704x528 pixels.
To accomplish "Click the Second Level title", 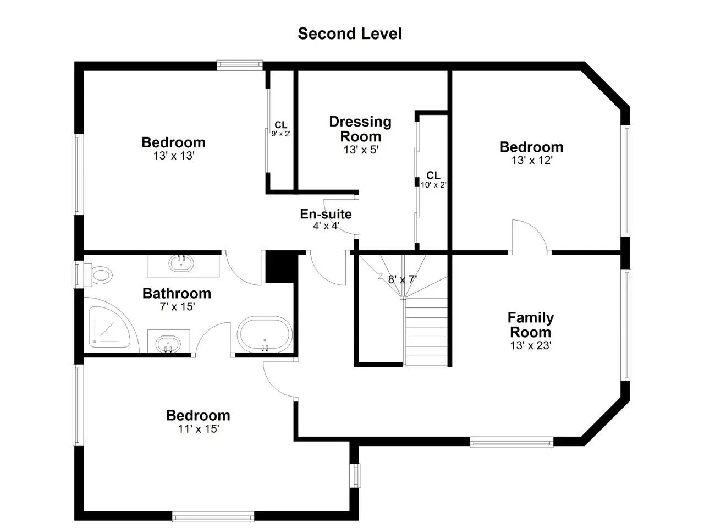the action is [x=350, y=34].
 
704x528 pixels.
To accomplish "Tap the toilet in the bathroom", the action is [x=98, y=276].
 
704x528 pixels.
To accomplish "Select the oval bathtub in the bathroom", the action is [x=265, y=334].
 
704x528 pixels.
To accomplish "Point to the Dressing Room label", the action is [x=360, y=129].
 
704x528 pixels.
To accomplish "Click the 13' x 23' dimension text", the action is [x=531, y=345].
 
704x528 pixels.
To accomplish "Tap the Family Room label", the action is [x=531, y=324].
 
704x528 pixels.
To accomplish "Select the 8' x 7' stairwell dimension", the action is [x=402, y=279].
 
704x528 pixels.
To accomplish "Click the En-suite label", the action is [x=326, y=214].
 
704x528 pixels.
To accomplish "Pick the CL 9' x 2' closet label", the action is [x=281, y=129].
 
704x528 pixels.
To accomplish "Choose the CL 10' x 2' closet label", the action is [x=433, y=180].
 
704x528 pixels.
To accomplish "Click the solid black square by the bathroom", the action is [x=280, y=266].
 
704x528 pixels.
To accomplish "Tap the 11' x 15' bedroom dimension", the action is [x=199, y=428].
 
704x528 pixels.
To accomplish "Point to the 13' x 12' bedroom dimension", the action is [x=532, y=160].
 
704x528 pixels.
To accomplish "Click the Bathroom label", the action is [x=177, y=293].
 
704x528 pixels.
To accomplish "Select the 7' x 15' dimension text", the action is [x=177, y=306].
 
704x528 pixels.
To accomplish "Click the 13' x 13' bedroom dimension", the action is [x=174, y=156].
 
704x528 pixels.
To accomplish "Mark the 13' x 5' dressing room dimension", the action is [x=361, y=150].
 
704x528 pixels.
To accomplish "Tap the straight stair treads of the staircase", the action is [x=426, y=332].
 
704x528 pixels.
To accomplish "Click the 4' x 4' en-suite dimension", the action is [x=326, y=226].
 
